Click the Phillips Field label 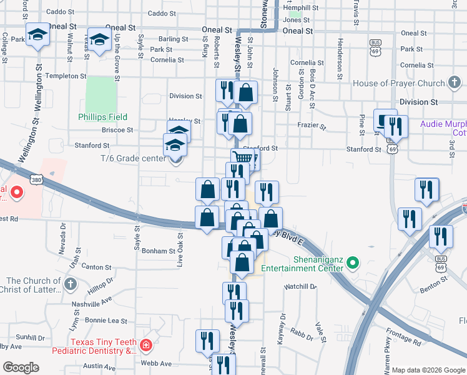[102, 117]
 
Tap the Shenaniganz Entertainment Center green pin [353, 262]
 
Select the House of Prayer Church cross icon [455, 83]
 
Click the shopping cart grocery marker [242, 158]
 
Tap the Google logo [21, 367]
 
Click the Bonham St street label [158, 251]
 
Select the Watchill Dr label [300, 286]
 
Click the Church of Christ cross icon [70, 284]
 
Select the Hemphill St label [301, 8]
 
